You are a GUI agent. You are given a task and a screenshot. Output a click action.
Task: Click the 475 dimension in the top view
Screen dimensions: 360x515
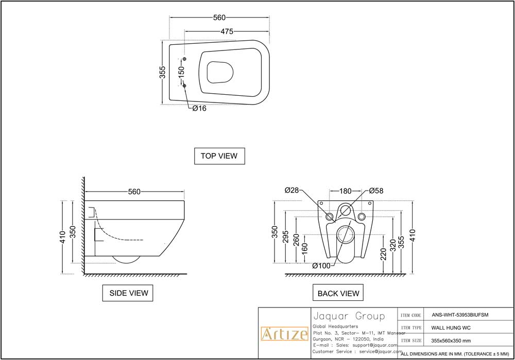click(x=227, y=31)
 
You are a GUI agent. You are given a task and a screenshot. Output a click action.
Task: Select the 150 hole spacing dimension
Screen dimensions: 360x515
click(x=181, y=72)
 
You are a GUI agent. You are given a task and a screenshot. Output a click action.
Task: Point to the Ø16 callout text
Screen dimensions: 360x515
click(x=199, y=109)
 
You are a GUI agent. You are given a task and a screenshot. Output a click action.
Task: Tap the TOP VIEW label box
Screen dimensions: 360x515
click(x=219, y=156)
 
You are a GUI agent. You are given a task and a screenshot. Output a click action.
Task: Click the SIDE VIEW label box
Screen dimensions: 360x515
click(x=128, y=293)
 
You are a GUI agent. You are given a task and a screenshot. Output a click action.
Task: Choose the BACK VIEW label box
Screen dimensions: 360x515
click(x=338, y=293)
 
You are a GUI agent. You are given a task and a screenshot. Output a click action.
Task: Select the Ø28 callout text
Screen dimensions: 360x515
click(x=291, y=191)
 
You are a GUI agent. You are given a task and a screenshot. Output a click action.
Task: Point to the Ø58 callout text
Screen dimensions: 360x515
click(x=376, y=191)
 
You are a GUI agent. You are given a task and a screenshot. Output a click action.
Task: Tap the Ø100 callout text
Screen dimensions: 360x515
click(x=321, y=266)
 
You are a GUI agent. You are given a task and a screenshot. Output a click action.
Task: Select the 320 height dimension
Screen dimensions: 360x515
click(x=393, y=244)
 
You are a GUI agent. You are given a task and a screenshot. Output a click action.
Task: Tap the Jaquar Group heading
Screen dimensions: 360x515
click(x=349, y=316)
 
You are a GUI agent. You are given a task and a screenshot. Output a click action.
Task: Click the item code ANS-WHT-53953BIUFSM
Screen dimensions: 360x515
click(x=460, y=315)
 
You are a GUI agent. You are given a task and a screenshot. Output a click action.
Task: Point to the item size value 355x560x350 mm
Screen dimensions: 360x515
click(x=451, y=340)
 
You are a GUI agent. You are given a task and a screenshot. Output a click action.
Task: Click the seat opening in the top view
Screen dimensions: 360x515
click(x=220, y=72)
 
